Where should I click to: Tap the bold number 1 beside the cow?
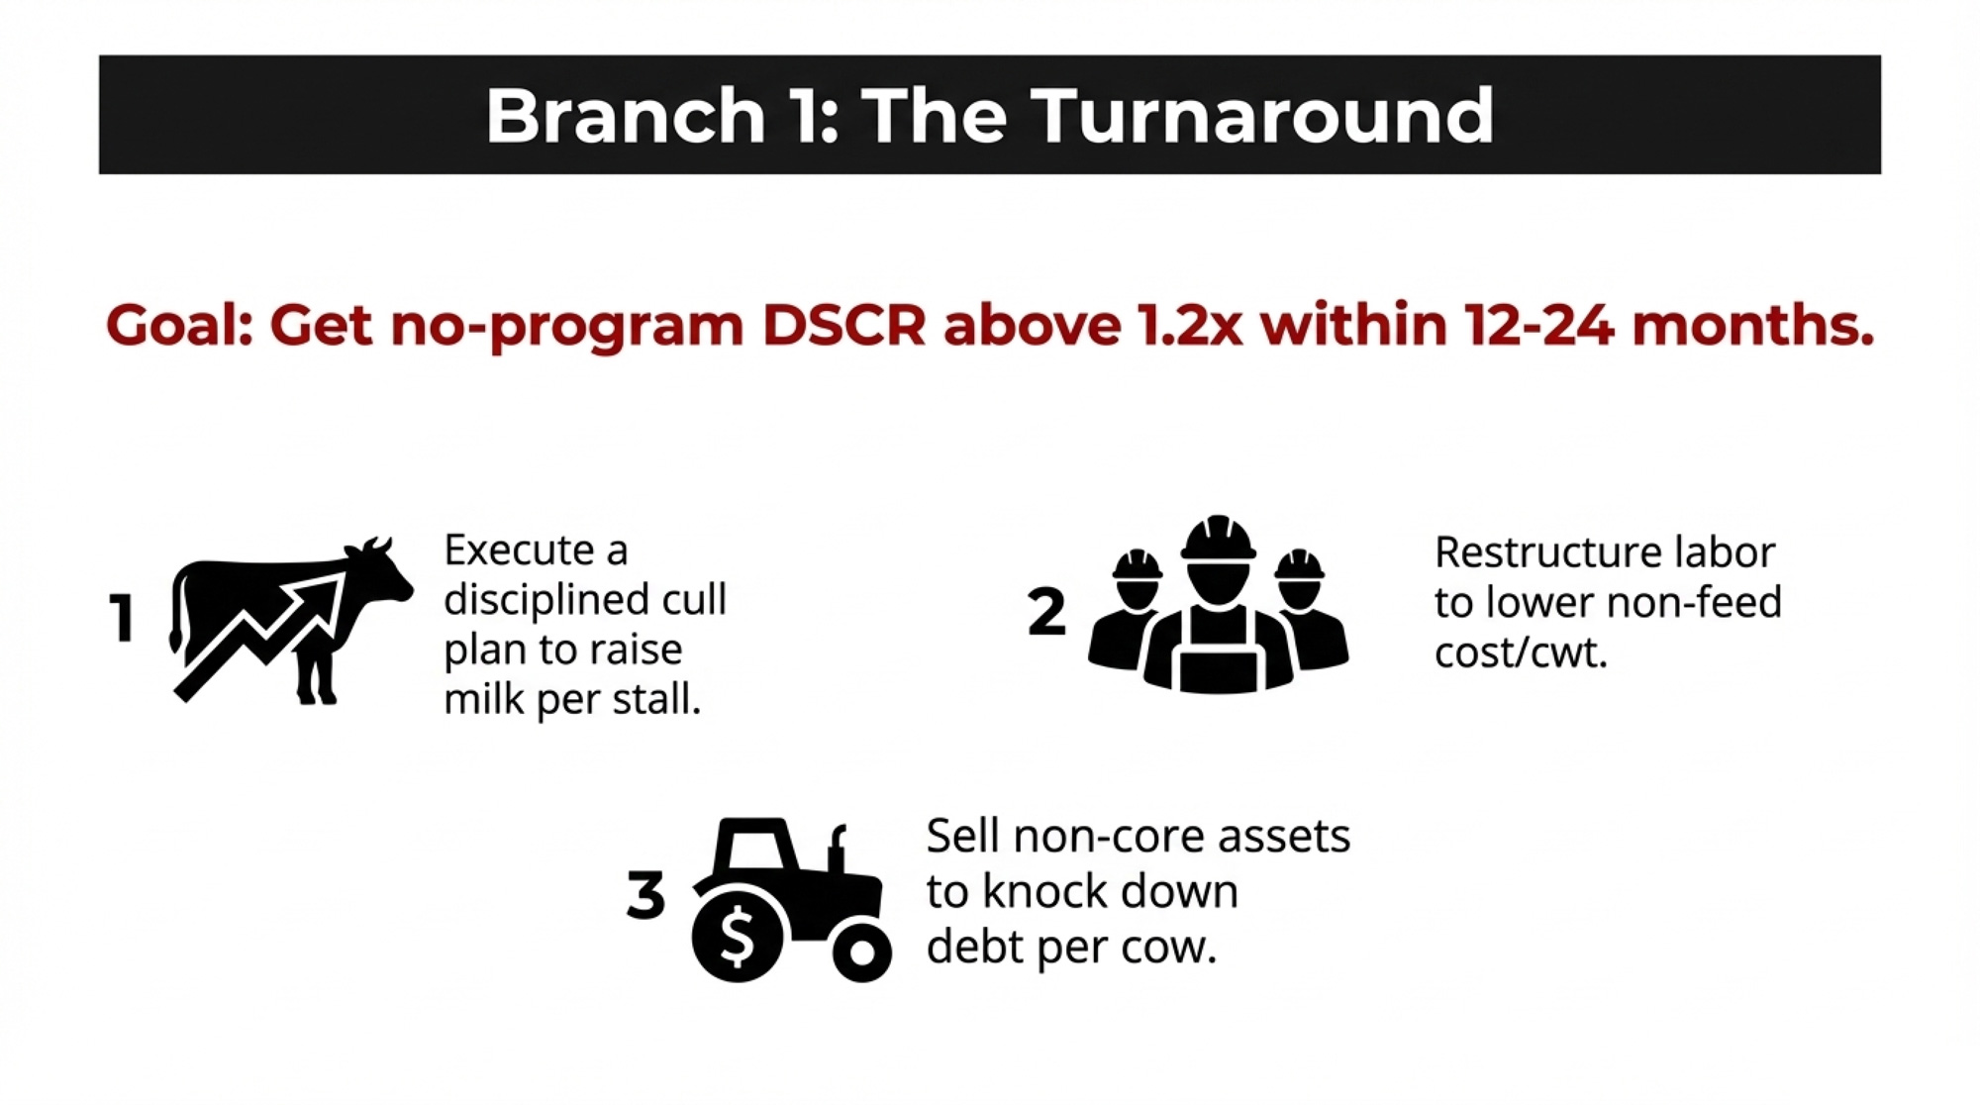click(121, 619)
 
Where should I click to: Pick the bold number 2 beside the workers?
click(1046, 611)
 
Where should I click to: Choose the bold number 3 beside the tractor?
click(645, 895)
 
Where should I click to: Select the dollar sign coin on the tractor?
click(738, 936)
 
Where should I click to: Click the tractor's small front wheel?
click(861, 952)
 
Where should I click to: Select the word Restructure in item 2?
click(1545, 552)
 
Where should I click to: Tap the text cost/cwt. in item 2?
click(1521, 653)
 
